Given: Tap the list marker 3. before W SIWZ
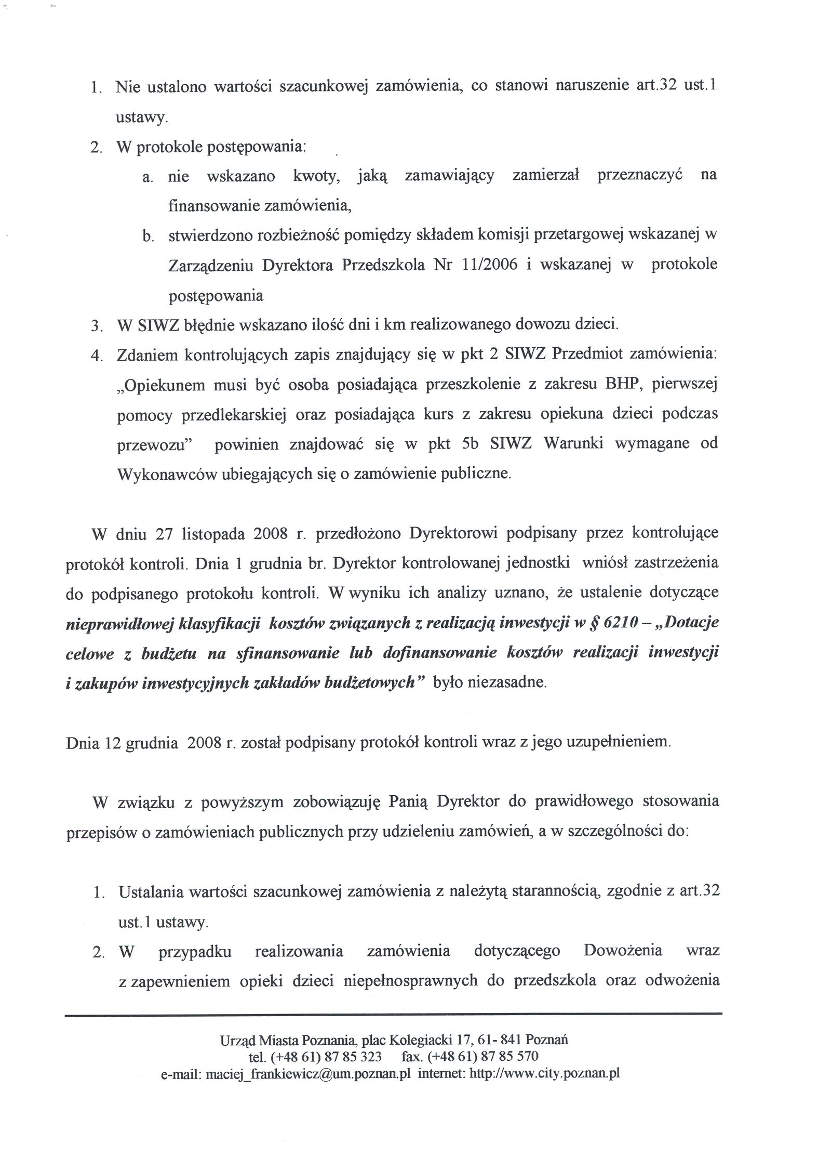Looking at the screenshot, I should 96,326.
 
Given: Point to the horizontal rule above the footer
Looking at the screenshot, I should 393,1013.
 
